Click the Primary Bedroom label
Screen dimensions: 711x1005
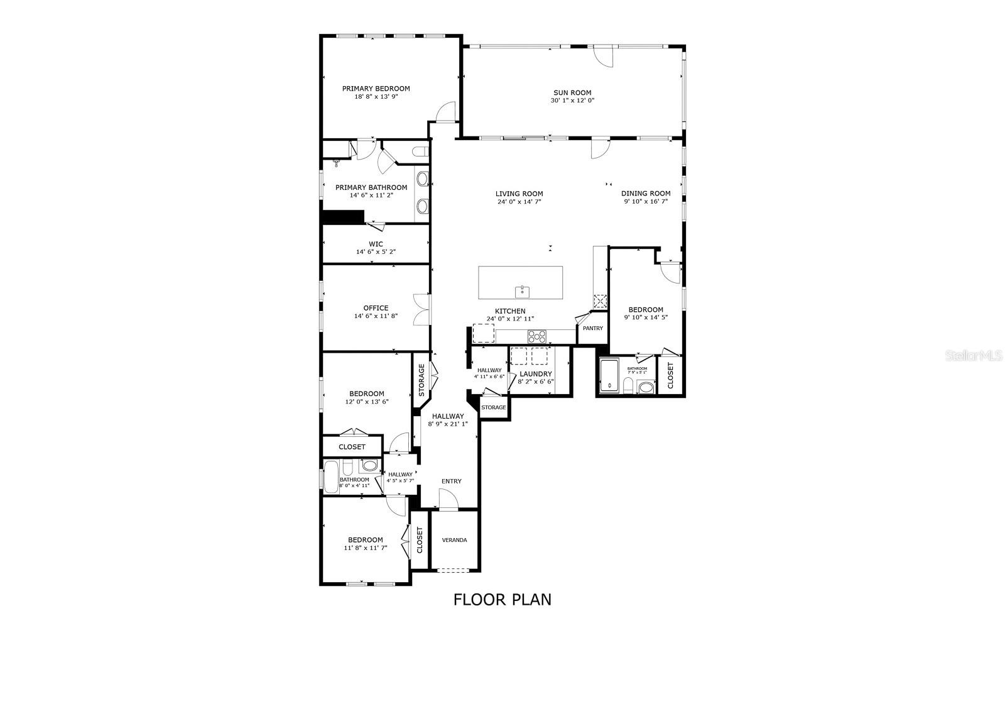point(376,89)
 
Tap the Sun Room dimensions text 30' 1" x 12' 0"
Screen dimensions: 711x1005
point(572,101)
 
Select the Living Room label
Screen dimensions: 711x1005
point(519,194)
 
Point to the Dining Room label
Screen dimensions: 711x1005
point(646,194)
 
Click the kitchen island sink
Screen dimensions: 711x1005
point(522,292)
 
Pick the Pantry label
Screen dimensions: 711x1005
point(592,328)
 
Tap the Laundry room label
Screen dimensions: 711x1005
point(536,374)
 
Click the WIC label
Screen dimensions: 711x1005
point(376,244)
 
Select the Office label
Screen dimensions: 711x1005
point(376,308)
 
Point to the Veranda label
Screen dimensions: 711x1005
point(454,540)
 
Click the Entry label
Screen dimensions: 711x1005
point(451,482)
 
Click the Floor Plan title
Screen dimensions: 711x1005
point(503,600)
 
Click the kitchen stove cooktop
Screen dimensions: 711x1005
point(536,336)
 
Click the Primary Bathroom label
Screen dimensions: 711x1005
point(371,187)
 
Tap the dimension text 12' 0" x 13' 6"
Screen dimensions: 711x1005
point(367,401)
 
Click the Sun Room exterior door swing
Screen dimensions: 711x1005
point(604,56)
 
